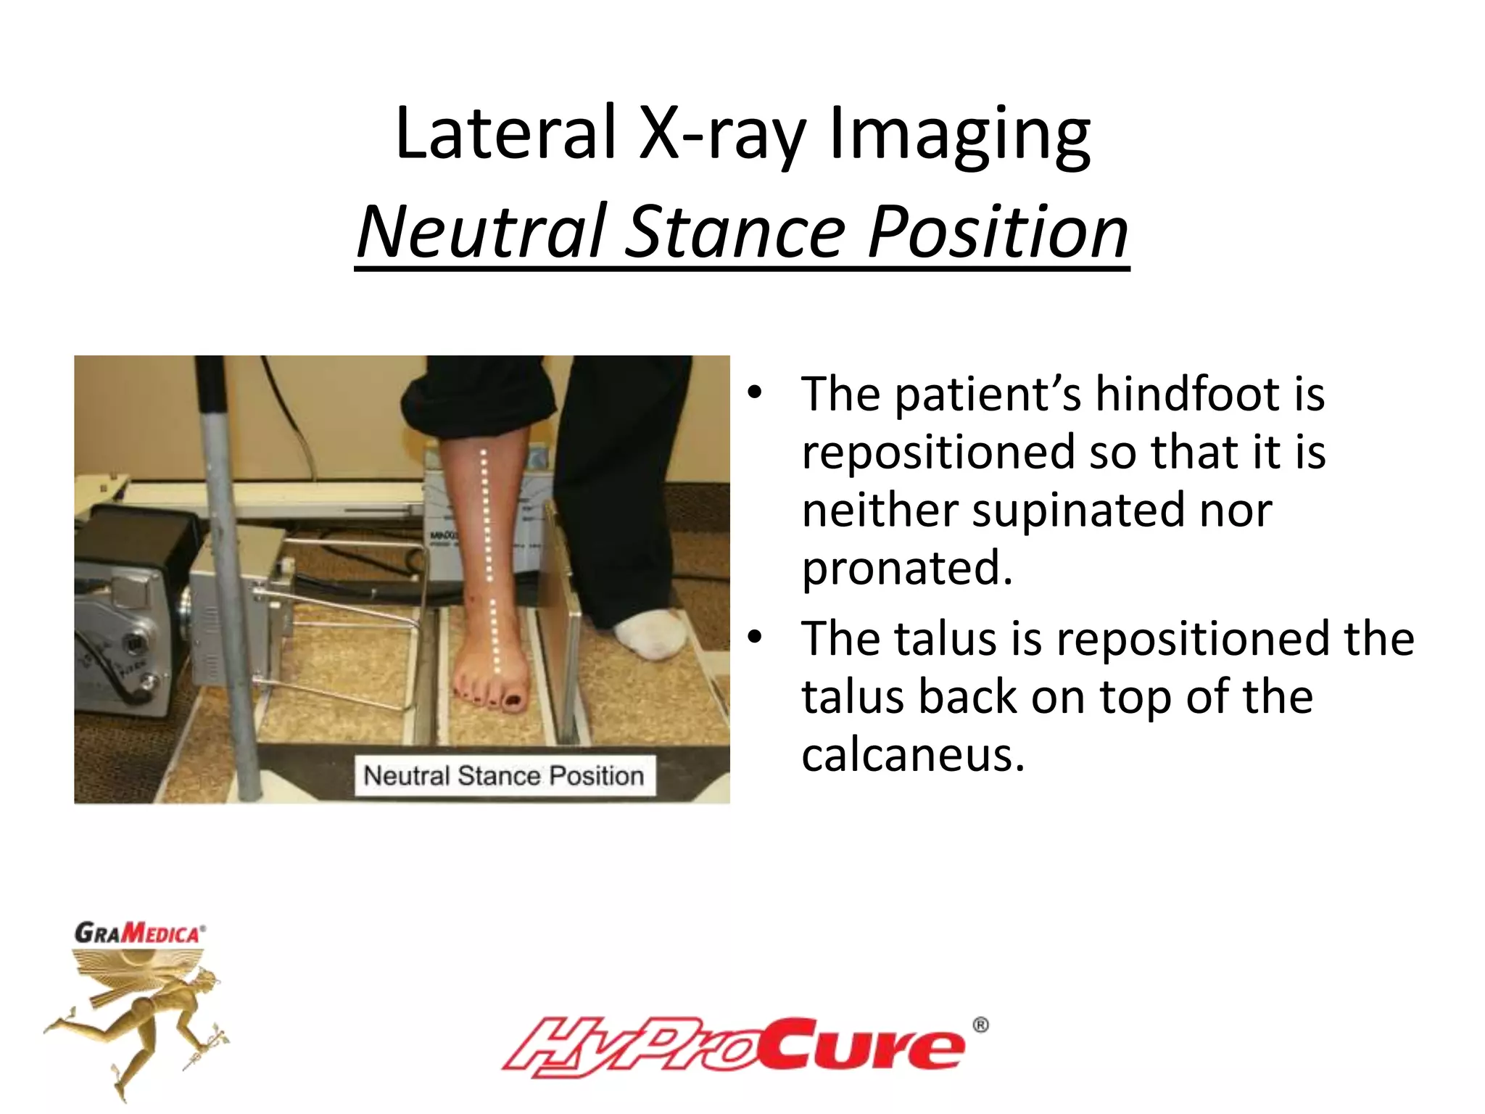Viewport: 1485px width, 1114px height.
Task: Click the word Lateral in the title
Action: tap(505, 133)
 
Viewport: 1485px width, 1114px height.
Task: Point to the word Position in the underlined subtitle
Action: tap(997, 231)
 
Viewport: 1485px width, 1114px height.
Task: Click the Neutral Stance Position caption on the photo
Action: tap(503, 775)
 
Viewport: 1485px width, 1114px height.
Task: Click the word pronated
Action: tap(906, 568)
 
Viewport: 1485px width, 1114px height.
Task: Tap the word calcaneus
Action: tap(912, 755)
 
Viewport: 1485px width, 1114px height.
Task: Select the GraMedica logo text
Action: tap(139, 932)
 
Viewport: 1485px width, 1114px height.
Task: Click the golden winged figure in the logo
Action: tap(138, 1015)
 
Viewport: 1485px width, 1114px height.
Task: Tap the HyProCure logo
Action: tap(732, 1047)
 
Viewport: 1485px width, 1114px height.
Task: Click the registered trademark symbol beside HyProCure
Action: tap(980, 1025)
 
